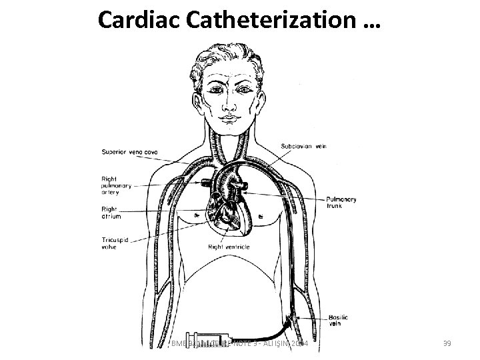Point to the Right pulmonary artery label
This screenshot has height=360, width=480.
coord(116,186)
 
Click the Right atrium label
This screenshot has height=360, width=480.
coord(109,213)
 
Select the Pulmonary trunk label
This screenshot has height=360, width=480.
coord(341,203)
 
